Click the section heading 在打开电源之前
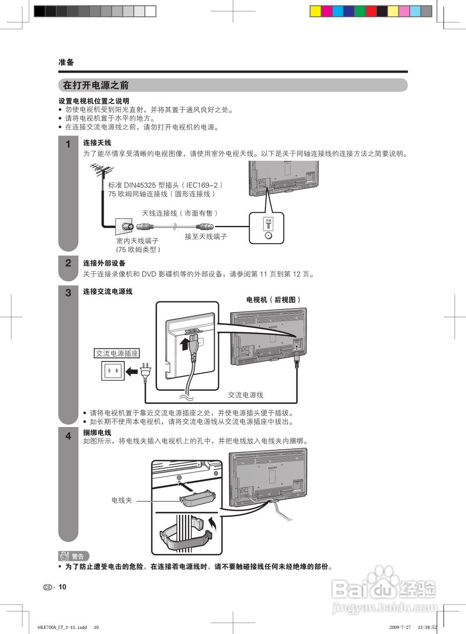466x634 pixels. point(96,85)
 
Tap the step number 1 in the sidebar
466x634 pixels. point(68,145)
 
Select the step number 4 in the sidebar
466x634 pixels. point(68,436)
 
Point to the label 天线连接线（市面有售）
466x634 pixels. point(180,213)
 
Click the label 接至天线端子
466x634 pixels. point(206,237)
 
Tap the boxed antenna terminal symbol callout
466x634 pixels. point(268,228)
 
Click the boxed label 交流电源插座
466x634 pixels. point(117,354)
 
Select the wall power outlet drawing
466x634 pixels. point(113,371)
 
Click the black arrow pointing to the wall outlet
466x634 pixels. point(132,371)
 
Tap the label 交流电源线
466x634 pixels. point(245,395)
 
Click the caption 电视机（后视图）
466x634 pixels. point(274,300)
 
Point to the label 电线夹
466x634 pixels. point(121,500)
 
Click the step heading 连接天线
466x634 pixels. point(97,143)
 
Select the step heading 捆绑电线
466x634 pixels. point(97,432)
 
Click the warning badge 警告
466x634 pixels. point(74,556)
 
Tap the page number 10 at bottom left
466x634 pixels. point(62,587)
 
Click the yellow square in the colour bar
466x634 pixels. point(315,11)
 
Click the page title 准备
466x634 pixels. point(66,62)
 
